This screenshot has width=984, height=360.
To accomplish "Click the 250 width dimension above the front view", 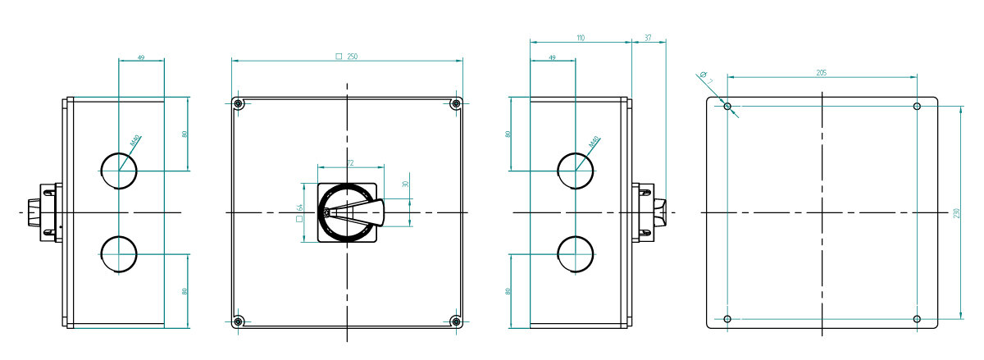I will click(x=352, y=56).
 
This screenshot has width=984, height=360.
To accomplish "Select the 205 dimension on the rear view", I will click(x=822, y=73).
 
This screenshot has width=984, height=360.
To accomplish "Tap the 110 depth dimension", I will click(x=581, y=38).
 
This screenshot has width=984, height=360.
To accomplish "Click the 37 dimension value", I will click(x=649, y=38).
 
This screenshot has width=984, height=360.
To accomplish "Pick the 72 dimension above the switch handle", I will click(x=349, y=163).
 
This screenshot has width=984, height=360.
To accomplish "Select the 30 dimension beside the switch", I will click(x=406, y=185).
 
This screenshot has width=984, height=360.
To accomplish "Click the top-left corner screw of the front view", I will click(x=238, y=103).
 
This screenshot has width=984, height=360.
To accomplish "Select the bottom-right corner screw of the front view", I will click(x=456, y=321).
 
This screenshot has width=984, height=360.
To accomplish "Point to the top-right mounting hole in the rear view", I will click(x=917, y=107).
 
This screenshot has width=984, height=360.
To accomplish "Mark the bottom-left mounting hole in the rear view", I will click(x=727, y=319).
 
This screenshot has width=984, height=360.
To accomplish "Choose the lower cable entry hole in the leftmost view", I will click(x=119, y=254).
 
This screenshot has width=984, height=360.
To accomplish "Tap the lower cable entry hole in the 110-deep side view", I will click(x=576, y=254).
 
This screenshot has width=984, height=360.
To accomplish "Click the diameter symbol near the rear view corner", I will click(x=704, y=75).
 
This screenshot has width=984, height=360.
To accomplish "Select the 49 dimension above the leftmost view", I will click(x=141, y=57).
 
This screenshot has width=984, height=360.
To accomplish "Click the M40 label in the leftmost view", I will click(x=135, y=144).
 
